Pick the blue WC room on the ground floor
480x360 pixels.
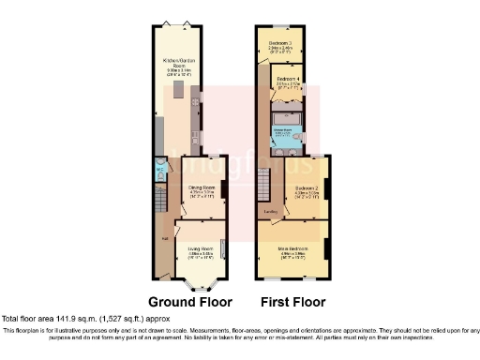[160, 173]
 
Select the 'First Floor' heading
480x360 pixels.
[292, 303]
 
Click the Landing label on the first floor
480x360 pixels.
[270, 212]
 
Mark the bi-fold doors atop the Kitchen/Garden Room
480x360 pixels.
[178, 22]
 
